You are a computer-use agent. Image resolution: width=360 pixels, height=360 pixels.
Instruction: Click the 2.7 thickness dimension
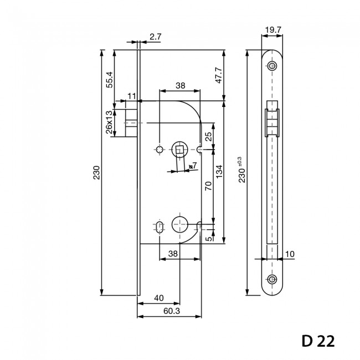(x=156, y=38)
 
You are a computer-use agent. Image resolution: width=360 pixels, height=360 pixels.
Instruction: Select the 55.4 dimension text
(x=109, y=79)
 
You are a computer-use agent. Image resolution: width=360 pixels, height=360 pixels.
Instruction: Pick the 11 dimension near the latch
(x=131, y=96)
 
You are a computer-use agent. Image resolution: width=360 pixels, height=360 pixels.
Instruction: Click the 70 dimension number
(x=208, y=186)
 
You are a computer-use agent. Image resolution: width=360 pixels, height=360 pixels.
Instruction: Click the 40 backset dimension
(x=159, y=298)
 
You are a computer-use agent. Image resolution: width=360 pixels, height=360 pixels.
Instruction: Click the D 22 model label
(x=318, y=340)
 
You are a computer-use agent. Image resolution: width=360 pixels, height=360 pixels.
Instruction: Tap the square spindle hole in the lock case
(x=179, y=149)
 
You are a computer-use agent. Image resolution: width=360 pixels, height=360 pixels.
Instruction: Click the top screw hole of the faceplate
(x=271, y=66)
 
